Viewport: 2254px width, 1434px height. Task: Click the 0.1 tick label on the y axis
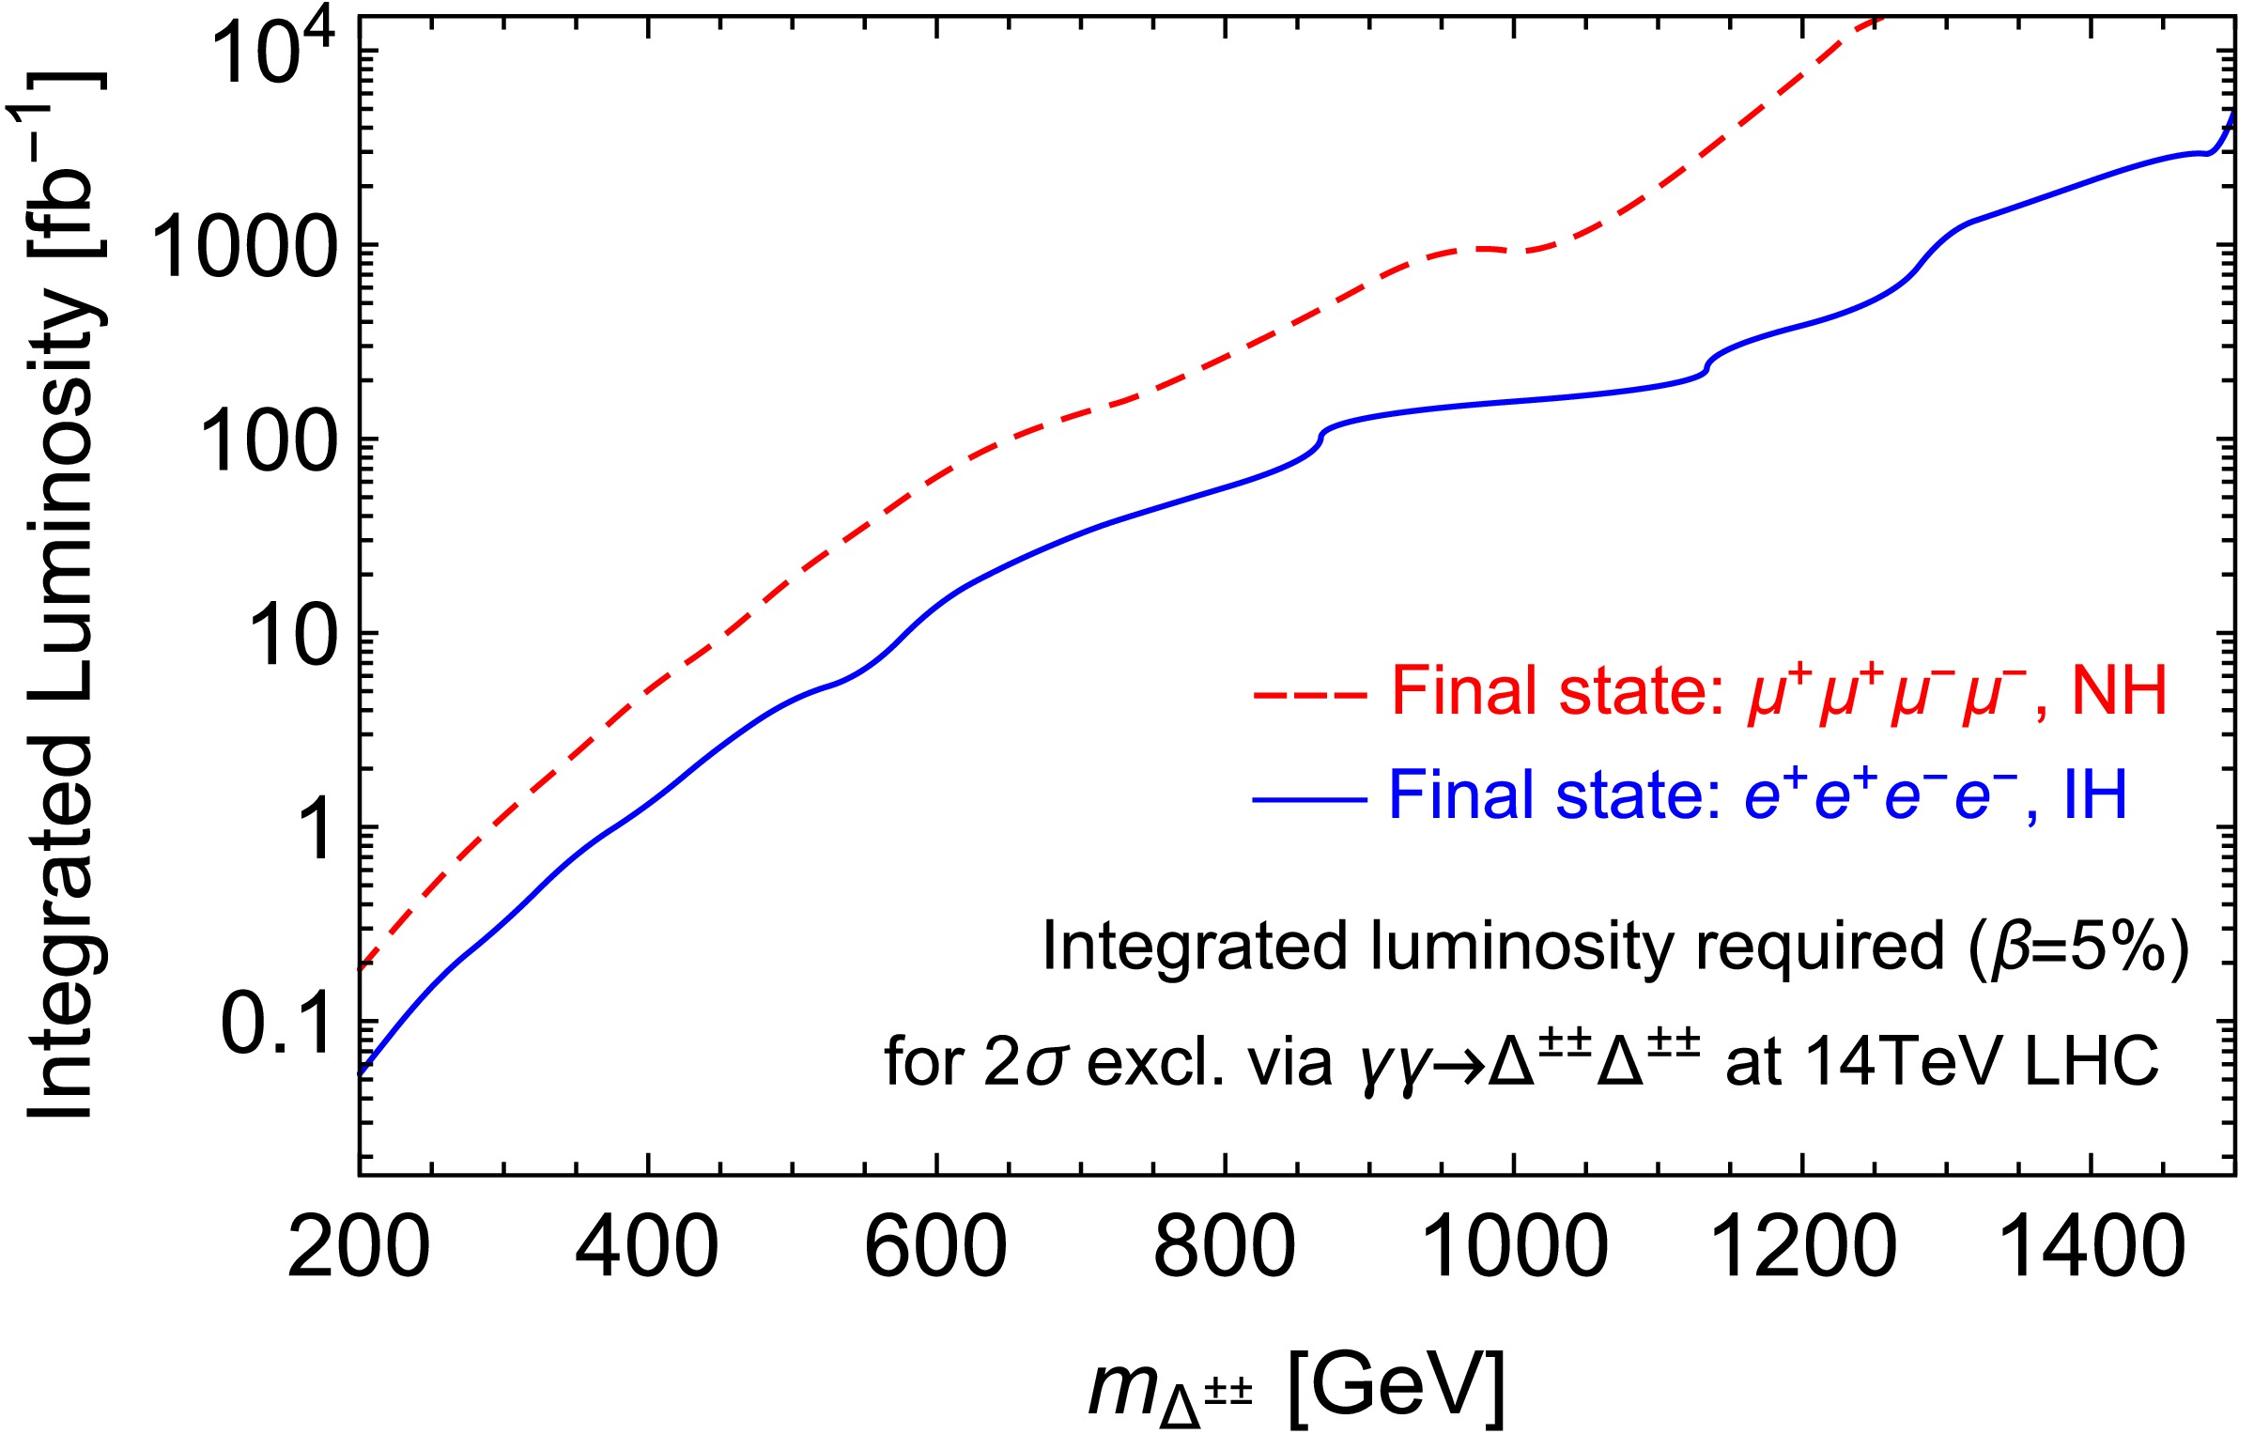coord(277,1024)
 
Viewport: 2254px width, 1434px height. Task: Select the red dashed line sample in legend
coord(1309,696)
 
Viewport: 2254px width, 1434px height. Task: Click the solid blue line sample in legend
coord(1309,800)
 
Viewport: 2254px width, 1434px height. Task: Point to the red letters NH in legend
coord(2118,692)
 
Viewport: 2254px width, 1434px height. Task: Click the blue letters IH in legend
coord(2094,795)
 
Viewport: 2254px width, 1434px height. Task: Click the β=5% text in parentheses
coord(2076,947)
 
